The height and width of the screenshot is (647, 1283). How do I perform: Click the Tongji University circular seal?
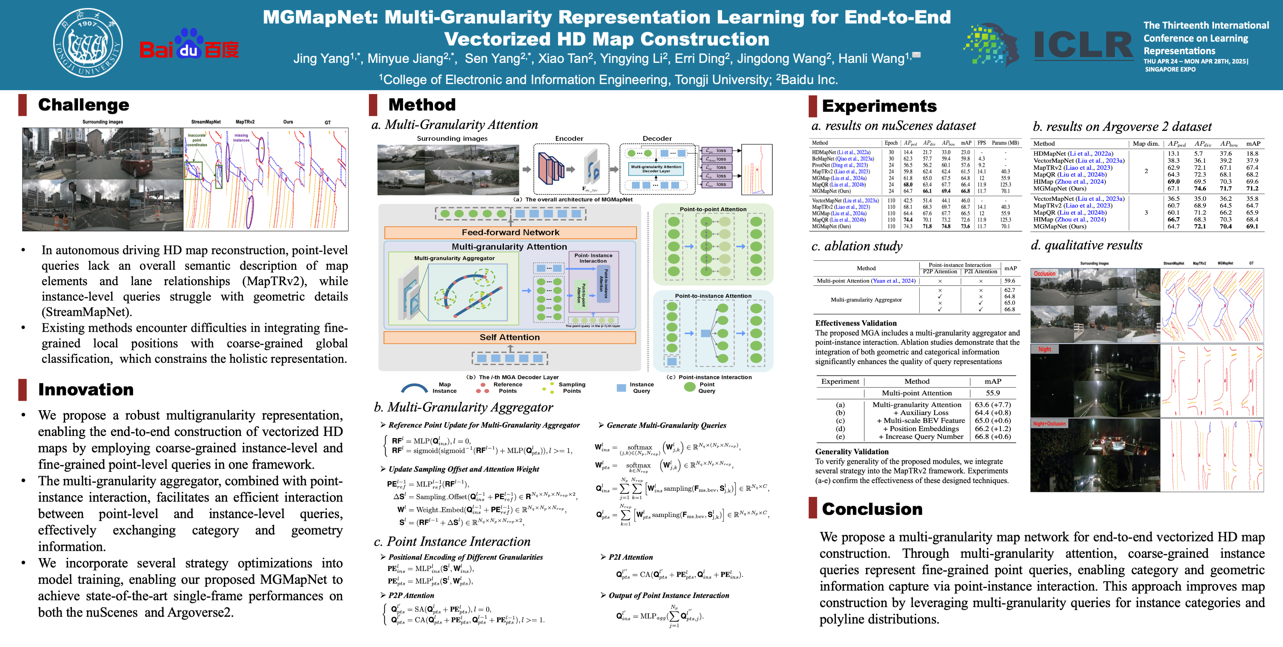coord(88,43)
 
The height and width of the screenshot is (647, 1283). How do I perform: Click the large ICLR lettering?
coord(1083,45)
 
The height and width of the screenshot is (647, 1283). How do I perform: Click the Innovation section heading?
coord(86,389)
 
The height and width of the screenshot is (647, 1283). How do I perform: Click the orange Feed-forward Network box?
coord(510,233)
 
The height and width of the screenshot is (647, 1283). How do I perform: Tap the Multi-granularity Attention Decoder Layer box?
coord(656,169)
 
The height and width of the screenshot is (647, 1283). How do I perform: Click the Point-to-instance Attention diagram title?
coord(713,296)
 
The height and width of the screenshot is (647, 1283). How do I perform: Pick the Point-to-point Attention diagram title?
coord(713,209)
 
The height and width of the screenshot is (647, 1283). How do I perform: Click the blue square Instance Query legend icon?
coord(621,387)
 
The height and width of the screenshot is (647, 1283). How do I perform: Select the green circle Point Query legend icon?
coord(690,387)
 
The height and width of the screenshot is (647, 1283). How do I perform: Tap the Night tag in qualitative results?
coord(1044,349)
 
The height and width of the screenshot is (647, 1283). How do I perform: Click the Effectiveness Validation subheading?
coord(856,323)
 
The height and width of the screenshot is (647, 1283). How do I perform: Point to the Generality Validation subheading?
coord(852,451)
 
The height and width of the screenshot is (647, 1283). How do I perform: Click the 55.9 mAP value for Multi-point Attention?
coord(993,393)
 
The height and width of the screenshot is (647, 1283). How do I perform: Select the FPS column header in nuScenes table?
coord(981,143)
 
